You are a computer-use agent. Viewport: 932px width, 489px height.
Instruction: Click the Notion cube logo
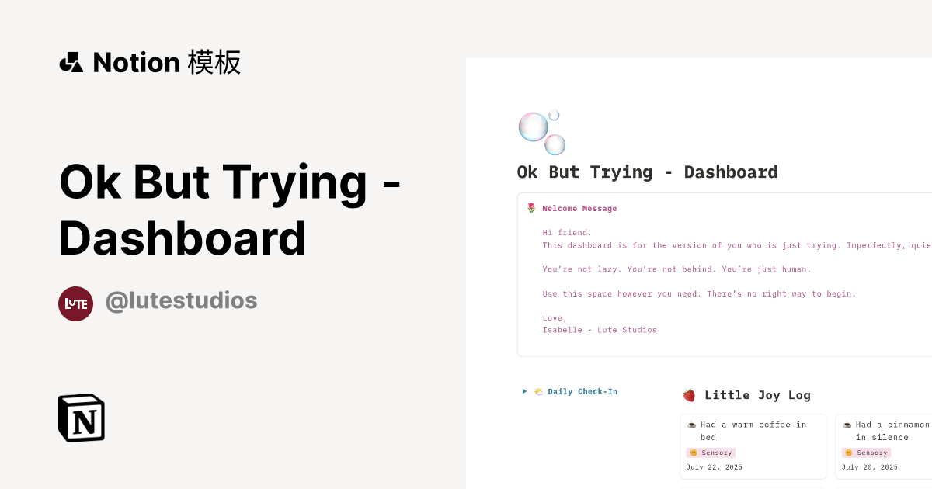(82, 418)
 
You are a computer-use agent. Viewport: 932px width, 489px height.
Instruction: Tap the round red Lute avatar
(75, 303)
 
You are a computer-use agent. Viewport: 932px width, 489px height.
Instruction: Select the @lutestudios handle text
(181, 300)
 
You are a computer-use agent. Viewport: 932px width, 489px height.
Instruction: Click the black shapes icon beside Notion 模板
(71, 62)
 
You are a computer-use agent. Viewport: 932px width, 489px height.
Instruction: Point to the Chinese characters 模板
(214, 62)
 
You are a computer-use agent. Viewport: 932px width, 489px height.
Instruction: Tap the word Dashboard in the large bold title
(183, 238)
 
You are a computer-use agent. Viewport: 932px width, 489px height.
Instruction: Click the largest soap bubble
(533, 127)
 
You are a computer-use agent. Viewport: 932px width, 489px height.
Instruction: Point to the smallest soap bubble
(554, 115)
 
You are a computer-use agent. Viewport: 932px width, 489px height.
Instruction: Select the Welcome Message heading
(579, 208)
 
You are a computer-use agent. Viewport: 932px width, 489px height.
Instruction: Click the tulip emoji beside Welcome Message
(531, 208)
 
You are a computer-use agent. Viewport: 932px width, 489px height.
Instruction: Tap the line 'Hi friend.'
(567, 232)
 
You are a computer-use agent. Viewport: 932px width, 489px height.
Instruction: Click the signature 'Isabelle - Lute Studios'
(600, 330)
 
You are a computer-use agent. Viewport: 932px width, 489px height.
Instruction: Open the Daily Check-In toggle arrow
(525, 391)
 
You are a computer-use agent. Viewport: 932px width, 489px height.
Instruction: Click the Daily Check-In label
(582, 392)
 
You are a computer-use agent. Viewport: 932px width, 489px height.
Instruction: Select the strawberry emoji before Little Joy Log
(689, 395)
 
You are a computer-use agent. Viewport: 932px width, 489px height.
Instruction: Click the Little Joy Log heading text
(757, 395)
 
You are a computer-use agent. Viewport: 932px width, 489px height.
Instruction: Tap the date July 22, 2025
(715, 467)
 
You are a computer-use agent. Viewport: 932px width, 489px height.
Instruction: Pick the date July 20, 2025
(870, 467)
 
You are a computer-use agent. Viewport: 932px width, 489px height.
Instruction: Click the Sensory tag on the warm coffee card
(711, 453)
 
